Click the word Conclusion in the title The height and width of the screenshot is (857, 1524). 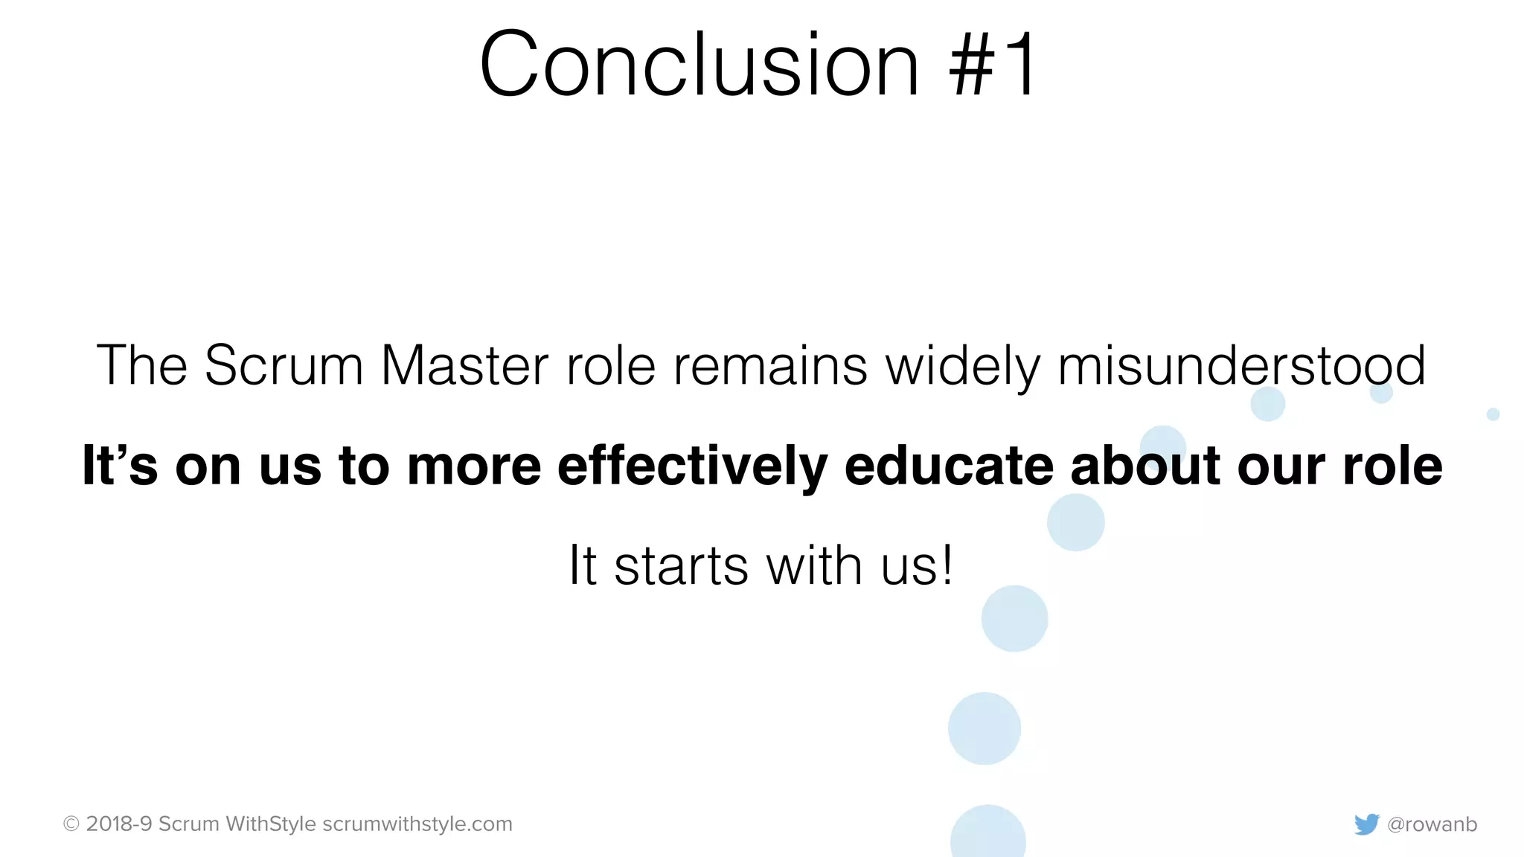(x=699, y=65)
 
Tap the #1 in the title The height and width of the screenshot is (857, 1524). (x=993, y=65)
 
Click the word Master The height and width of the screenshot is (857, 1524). (x=464, y=366)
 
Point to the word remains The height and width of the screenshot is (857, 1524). (x=770, y=366)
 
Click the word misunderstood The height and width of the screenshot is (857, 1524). (x=1241, y=366)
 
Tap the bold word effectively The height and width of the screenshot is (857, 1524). (x=692, y=466)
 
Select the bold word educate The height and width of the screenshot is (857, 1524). (x=949, y=466)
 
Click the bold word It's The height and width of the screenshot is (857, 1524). (x=120, y=466)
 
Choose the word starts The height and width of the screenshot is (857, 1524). (x=681, y=566)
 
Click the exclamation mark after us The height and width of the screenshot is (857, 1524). (x=946, y=565)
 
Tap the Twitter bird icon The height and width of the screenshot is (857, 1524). (x=1366, y=824)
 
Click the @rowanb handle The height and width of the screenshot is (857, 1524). (x=1432, y=824)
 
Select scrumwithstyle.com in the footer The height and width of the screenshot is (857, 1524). (x=417, y=824)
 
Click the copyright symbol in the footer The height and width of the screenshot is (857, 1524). (x=71, y=824)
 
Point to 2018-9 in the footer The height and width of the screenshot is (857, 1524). (x=119, y=824)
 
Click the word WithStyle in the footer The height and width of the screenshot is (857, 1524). (x=271, y=824)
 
